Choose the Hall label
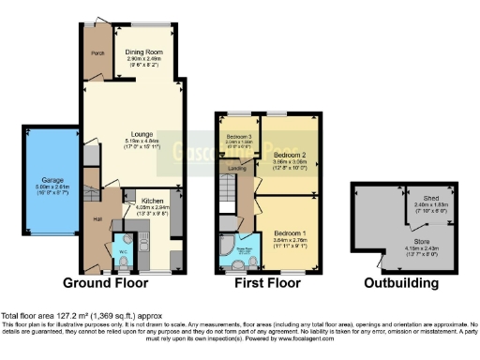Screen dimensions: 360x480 pos(97,219)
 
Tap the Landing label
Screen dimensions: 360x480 pos(235,169)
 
